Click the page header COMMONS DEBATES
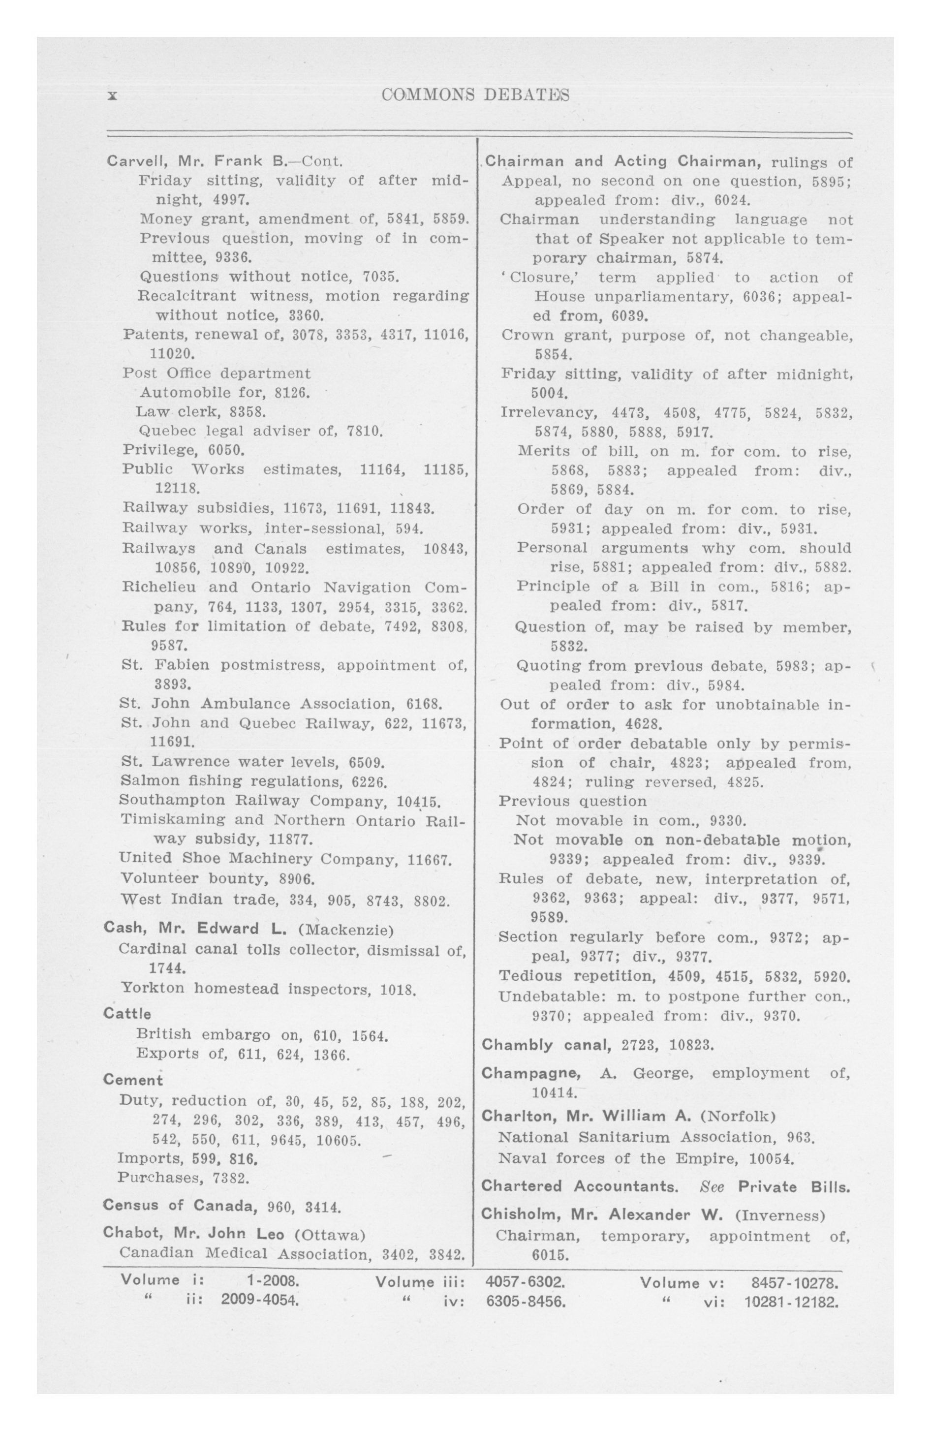(x=475, y=95)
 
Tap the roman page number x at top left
(x=112, y=95)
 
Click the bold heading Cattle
(x=127, y=1013)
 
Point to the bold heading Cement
(x=133, y=1079)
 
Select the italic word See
(x=712, y=1187)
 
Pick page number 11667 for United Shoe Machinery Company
(x=429, y=859)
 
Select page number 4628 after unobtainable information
(x=644, y=723)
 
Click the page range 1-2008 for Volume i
(x=273, y=1280)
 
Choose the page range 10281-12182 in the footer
(x=791, y=1302)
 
